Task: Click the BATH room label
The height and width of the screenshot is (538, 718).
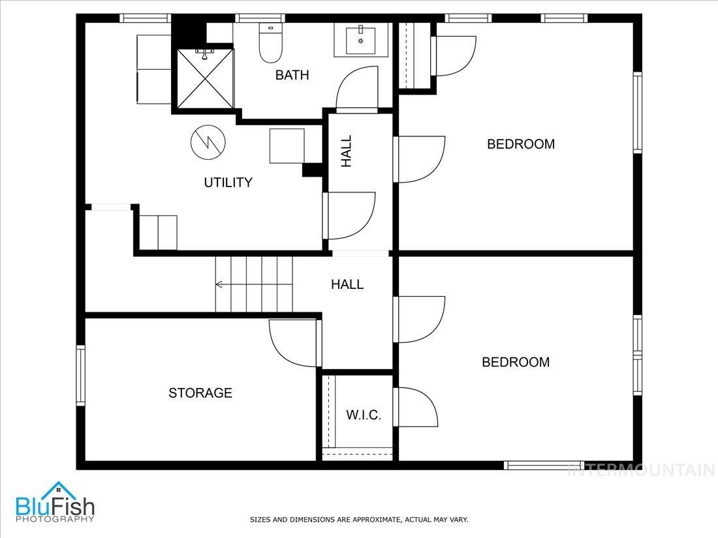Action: pyautogui.click(x=292, y=75)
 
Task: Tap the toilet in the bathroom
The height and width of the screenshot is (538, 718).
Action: pyautogui.click(x=270, y=42)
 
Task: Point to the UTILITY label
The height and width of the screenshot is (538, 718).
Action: pyautogui.click(x=228, y=183)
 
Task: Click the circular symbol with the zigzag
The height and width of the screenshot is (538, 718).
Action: pyautogui.click(x=208, y=143)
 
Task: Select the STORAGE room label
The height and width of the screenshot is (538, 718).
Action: pyautogui.click(x=200, y=393)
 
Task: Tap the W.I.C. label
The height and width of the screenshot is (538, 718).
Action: pyautogui.click(x=364, y=415)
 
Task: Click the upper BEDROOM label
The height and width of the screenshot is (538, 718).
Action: pyautogui.click(x=521, y=144)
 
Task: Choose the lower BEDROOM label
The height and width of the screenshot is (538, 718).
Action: pyautogui.click(x=516, y=362)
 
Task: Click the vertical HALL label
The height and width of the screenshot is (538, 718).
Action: pyautogui.click(x=347, y=151)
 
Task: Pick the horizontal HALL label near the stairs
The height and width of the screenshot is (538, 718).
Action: pyautogui.click(x=347, y=284)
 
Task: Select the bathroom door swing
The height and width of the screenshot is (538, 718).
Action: pyautogui.click(x=356, y=89)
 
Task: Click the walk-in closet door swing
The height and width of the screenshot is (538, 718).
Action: pyautogui.click(x=415, y=407)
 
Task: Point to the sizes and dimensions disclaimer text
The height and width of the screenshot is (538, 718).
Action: pyautogui.click(x=359, y=520)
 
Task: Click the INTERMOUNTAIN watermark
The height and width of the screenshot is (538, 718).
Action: pyautogui.click(x=642, y=470)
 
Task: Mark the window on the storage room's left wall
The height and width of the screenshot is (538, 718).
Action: pyautogui.click(x=81, y=375)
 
